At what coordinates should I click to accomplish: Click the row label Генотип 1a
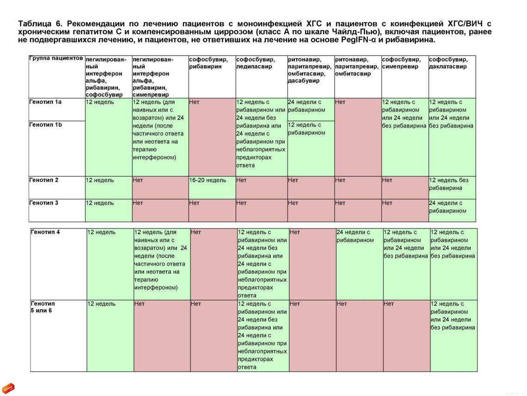45,102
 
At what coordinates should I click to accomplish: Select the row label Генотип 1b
45,125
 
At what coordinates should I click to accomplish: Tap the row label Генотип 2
44,180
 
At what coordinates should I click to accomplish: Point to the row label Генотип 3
44,203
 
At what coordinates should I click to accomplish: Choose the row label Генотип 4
45,232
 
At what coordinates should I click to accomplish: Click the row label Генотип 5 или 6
43,307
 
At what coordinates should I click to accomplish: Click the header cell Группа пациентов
56,59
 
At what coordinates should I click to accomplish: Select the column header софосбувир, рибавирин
208,63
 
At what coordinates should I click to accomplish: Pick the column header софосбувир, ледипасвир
256,63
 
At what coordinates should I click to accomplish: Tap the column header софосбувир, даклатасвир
448,63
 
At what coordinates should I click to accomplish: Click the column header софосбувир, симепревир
401,63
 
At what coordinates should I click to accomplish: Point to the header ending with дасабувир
309,70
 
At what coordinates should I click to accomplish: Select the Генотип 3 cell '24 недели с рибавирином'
447,207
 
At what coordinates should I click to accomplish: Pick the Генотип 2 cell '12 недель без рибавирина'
449,184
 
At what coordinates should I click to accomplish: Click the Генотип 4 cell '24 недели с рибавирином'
355,236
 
